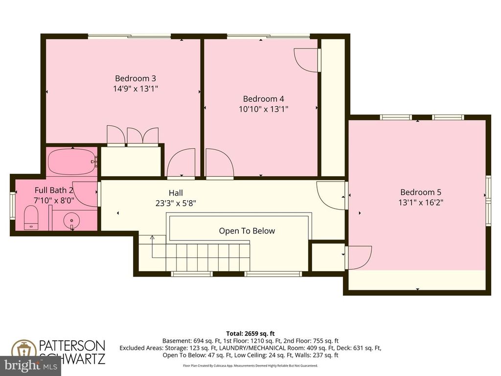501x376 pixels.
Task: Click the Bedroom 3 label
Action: (x=135, y=78)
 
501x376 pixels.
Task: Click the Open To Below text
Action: (x=247, y=231)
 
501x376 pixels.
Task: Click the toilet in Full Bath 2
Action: (x=31, y=217)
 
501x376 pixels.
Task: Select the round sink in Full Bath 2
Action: (x=72, y=221)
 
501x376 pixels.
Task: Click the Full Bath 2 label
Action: (x=54, y=190)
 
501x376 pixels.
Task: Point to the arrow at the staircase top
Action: (x=152, y=238)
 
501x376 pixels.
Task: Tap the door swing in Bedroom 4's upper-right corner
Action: (x=306, y=60)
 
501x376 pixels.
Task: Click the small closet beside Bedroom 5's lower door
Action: (x=327, y=257)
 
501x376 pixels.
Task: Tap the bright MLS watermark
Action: (x=30, y=365)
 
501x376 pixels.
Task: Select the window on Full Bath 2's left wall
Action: (x=13, y=201)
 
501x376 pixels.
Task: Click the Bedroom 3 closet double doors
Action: (x=132, y=136)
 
